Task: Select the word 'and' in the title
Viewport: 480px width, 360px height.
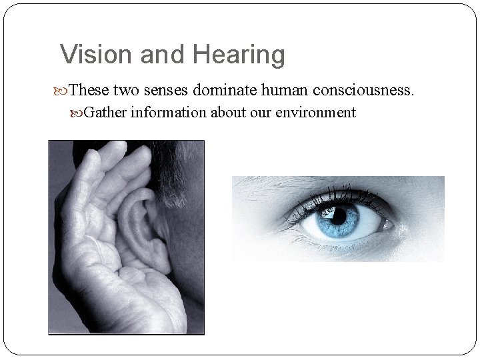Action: (156, 54)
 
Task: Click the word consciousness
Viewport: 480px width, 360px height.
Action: (369, 89)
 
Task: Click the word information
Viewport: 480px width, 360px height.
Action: (169, 112)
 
